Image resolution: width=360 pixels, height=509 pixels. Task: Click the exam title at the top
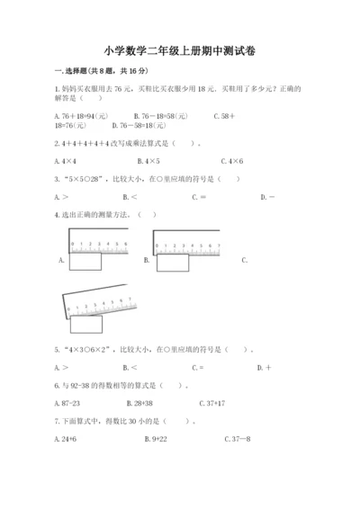[x=179, y=51]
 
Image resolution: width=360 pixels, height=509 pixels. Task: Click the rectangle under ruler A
[x=85, y=263]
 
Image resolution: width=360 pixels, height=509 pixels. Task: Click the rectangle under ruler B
[x=172, y=263]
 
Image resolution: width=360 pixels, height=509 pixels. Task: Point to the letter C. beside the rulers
[x=244, y=260]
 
